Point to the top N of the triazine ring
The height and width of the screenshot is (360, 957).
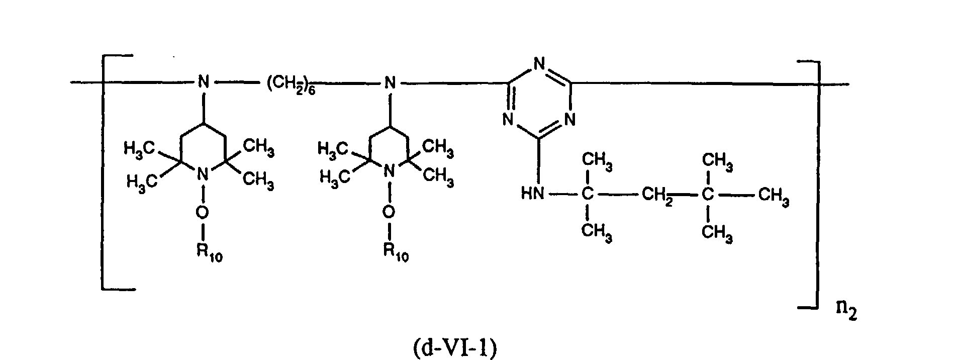coord(539,64)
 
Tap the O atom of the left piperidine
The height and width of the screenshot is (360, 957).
coord(202,213)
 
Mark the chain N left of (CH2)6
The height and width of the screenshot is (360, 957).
coord(203,82)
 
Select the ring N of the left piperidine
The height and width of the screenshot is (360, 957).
coord(202,174)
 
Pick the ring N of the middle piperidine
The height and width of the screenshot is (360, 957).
coord(388,173)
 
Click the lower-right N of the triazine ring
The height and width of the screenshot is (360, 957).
coord(569,120)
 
